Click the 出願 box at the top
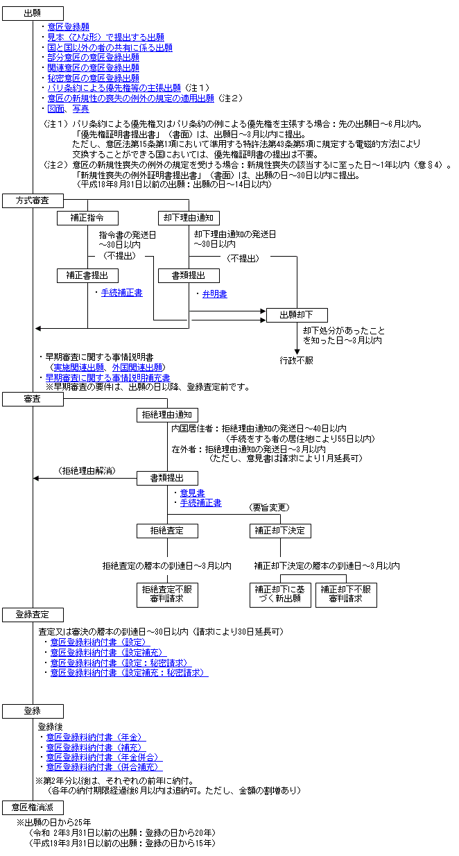click(33, 13)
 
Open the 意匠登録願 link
click(68, 26)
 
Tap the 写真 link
click(81, 109)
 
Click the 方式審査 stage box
click(33, 200)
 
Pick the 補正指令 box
click(88, 217)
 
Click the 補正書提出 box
click(88, 275)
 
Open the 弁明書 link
click(214, 294)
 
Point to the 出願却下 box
click(297, 315)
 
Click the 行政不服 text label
click(297, 361)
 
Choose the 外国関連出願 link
click(140, 367)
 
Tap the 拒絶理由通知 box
click(167, 415)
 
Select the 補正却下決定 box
click(280, 531)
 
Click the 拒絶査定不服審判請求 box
click(167, 594)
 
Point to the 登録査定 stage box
click(33, 615)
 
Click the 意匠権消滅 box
click(33, 807)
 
